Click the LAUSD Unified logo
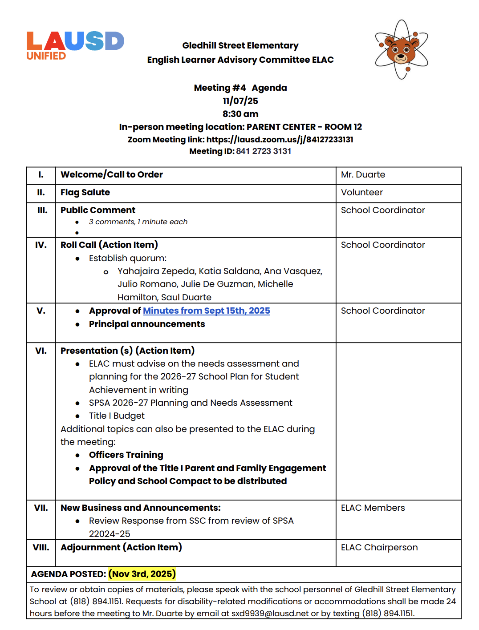tap(75, 45)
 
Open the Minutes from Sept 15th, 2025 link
tap(206, 311)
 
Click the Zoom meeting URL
tap(280, 140)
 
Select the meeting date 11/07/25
tap(240, 101)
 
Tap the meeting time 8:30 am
tap(240, 114)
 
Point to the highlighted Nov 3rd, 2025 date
tap(142, 574)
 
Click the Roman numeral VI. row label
tap(41, 351)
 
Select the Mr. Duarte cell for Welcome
tap(363, 175)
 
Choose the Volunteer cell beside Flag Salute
tap(361, 193)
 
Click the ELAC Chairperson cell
tap(379, 547)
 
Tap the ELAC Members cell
tap(373, 508)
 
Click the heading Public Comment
tap(98, 210)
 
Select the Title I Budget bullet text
tap(117, 416)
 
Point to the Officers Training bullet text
tap(126, 455)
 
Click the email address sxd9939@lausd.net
tap(270, 613)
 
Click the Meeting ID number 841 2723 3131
tap(264, 151)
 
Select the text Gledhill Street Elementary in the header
tap(240, 45)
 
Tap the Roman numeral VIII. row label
tap(41, 547)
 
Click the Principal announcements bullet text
tap(147, 324)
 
